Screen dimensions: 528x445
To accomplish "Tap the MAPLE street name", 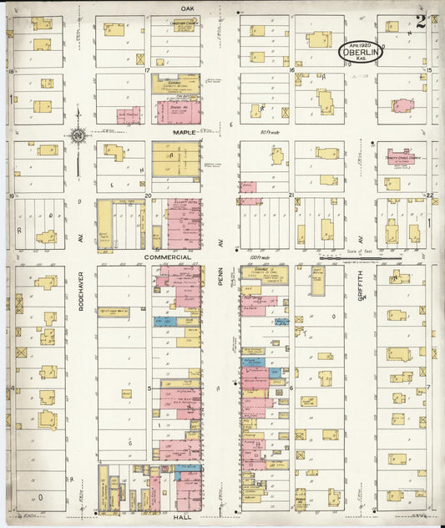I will click(185, 132).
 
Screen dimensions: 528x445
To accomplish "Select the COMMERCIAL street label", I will click(168, 257).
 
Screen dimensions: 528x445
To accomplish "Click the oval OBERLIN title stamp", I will click(361, 52).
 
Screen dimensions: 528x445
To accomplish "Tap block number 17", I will click(146, 71).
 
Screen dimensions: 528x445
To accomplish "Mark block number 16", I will click(291, 71).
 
